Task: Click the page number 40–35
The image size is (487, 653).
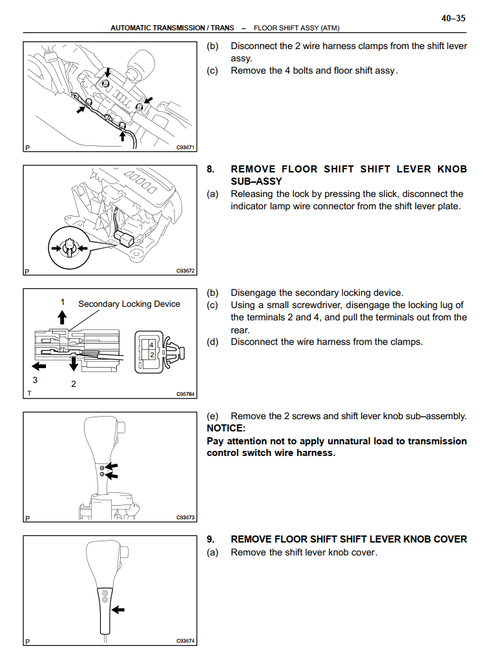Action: pyautogui.click(x=453, y=19)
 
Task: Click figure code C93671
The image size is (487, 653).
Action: pyautogui.click(x=186, y=147)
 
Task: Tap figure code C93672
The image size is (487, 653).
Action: pyautogui.click(x=186, y=271)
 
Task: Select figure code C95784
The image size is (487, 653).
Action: pyautogui.click(x=186, y=393)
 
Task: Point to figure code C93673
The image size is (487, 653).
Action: pyautogui.click(x=186, y=517)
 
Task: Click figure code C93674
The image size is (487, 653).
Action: pyautogui.click(x=186, y=641)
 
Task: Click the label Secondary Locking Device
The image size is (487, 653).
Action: pyautogui.click(x=129, y=304)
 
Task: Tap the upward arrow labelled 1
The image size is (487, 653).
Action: pyautogui.click(x=63, y=316)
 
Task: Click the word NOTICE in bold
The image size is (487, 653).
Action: pyautogui.click(x=226, y=428)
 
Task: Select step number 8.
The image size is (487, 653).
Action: pyautogui.click(x=211, y=169)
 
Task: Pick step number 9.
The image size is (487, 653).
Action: pyautogui.click(x=211, y=539)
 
